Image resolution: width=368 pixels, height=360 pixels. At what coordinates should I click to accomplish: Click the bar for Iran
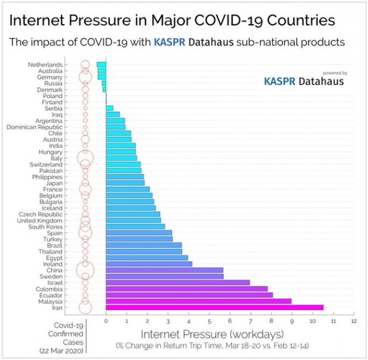point(214,307)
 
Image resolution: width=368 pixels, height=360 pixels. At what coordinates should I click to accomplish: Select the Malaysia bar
point(198,301)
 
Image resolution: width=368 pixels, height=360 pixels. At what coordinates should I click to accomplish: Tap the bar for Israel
point(177,282)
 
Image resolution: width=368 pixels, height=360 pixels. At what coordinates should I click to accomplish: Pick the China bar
point(164,270)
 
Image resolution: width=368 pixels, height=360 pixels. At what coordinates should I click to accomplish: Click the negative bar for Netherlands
point(101,64)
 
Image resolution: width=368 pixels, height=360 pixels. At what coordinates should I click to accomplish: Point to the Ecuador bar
point(189,295)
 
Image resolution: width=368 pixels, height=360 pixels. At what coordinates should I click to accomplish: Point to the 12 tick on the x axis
point(354,321)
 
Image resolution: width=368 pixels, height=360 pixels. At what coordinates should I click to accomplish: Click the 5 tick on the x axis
point(209,321)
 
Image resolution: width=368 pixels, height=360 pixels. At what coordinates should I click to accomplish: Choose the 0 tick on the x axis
point(106,321)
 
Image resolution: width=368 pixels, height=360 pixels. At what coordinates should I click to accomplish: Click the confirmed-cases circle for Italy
point(85,158)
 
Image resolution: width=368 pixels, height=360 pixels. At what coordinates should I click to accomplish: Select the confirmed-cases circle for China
point(85,270)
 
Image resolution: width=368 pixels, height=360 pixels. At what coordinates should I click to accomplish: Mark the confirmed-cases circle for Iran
point(85,307)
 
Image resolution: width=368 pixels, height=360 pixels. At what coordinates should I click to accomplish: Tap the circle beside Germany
point(85,77)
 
